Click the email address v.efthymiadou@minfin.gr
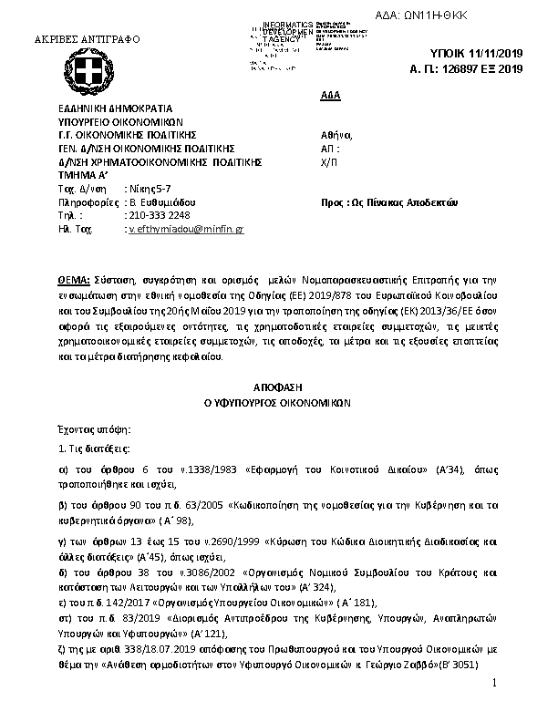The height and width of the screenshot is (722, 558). coord(186,231)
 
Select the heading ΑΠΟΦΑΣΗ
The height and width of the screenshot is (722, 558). coord(278,387)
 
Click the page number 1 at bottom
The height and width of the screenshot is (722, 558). coord(493,709)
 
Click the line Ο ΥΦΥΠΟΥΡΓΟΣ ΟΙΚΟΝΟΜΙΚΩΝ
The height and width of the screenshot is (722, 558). coord(278,401)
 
